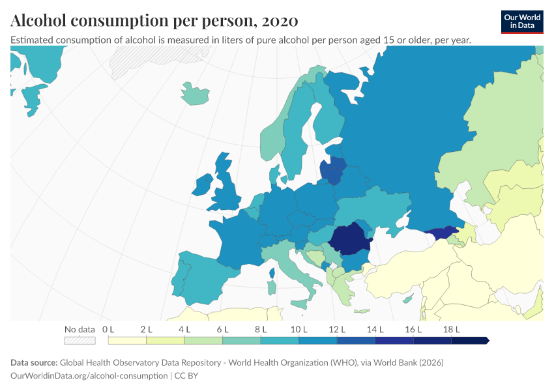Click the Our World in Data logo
coord(522,22)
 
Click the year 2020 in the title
coord(280,20)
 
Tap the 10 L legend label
coord(299,330)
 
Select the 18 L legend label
coord(452,330)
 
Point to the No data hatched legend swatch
coord(80,340)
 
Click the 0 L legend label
coord(108,330)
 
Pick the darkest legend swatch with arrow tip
coord(471,340)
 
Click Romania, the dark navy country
coord(350,239)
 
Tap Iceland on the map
coord(195,94)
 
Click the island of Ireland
coord(203,184)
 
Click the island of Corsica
coord(272,273)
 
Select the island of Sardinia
coord(272,287)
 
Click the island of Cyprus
coord(408,300)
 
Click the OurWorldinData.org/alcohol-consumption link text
coord(89,375)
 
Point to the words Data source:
coord(34,362)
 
